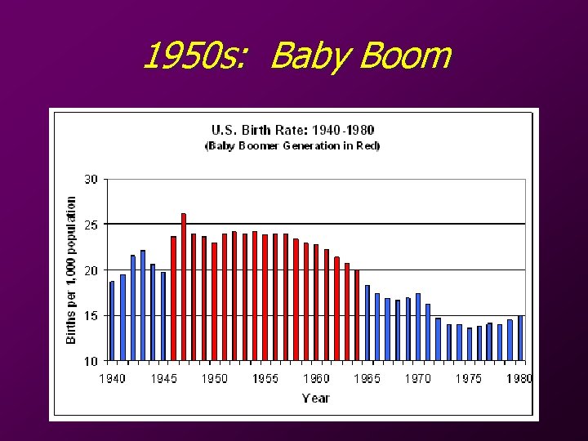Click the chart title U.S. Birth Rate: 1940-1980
tap(293, 130)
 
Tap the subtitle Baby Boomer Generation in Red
tap(293, 146)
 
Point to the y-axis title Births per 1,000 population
tap(72, 269)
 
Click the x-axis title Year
tap(315, 399)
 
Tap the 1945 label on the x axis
tap(163, 379)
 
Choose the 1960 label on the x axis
tap(316, 379)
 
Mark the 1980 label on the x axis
tap(519, 379)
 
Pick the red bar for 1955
tap(265, 298)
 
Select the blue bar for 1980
tap(519, 338)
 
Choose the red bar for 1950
tap(214, 302)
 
